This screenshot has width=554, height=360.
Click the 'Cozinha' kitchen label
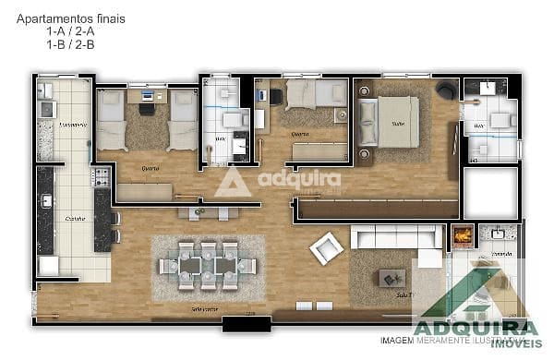point(76,218)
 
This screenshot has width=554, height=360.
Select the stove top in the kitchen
point(100,175)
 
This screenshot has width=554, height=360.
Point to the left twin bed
point(112,120)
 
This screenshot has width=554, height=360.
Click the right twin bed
point(182,120)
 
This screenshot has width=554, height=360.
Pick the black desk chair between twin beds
point(147,107)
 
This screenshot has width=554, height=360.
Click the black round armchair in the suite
point(446,89)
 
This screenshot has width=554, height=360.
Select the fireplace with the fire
point(461,236)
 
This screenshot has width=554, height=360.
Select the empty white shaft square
point(489,193)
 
